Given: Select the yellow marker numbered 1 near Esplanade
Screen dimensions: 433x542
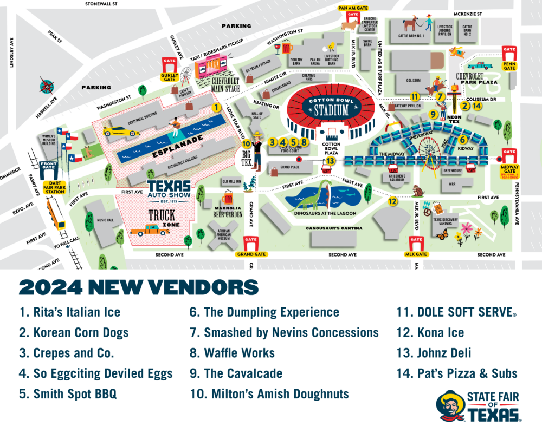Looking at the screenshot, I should pos(216,107).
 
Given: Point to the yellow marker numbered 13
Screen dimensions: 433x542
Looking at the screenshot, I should pos(331,160).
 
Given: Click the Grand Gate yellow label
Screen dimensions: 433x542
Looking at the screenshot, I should pos(250,253).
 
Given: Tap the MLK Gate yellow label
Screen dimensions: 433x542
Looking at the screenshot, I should pos(416,253).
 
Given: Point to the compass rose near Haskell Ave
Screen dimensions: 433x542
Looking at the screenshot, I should pos(48,87).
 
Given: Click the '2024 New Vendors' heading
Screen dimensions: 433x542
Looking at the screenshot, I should pos(138,286).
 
